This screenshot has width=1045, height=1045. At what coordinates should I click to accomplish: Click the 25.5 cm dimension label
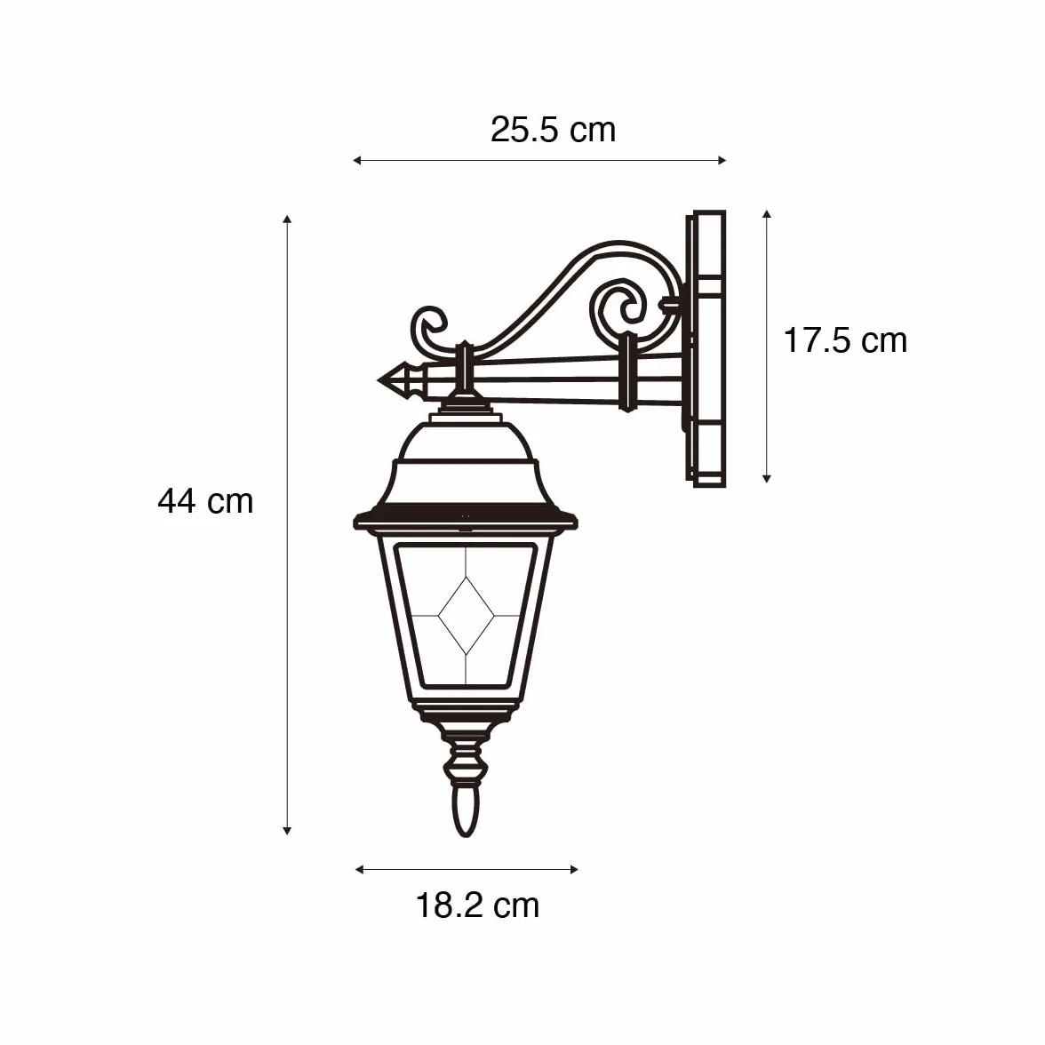coord(553,130)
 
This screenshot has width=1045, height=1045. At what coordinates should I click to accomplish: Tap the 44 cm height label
coord(205,501)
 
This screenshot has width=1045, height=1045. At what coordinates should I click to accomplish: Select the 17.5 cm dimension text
coord(845,340)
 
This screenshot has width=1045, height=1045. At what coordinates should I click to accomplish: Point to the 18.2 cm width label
coord(477,905)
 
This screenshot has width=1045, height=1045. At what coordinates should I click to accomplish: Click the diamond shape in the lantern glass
coord(466,617)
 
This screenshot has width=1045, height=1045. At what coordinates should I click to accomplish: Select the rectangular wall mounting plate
coord(706,348)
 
